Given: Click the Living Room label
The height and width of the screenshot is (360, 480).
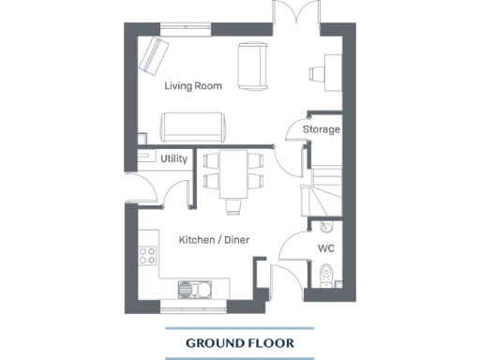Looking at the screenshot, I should click(193, 86).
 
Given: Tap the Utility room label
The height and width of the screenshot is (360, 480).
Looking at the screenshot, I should click(173, 159).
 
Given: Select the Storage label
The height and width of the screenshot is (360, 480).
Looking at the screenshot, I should click(321, 129).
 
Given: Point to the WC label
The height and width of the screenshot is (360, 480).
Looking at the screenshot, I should click(326, 248).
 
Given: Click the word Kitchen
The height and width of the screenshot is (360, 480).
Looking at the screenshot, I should click(197, 240).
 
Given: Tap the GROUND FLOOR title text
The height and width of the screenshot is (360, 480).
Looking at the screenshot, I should click(240, 343).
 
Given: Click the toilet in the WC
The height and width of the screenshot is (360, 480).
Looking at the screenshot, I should click(325, 275).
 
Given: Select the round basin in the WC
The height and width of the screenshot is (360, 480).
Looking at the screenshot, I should click(325, 227).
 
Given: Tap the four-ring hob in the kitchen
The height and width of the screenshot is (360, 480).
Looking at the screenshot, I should click(147, 252).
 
